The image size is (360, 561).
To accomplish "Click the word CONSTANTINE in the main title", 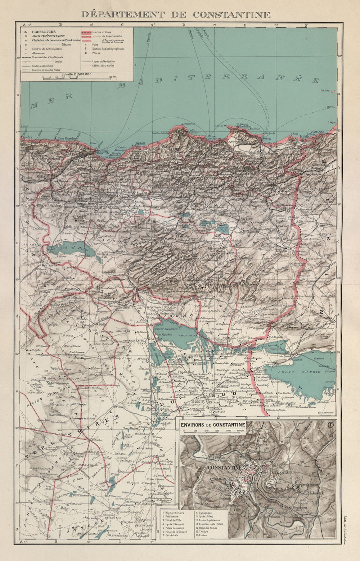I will click(231, 15).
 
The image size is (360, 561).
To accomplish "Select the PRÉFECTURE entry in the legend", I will click(44, 32).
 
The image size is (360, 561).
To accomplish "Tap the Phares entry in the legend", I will click(96, 53).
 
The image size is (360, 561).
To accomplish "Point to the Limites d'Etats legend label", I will click(102, 32).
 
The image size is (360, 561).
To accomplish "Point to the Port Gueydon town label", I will click(68, 138).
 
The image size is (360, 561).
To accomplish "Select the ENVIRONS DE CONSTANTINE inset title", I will click(213, 425).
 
